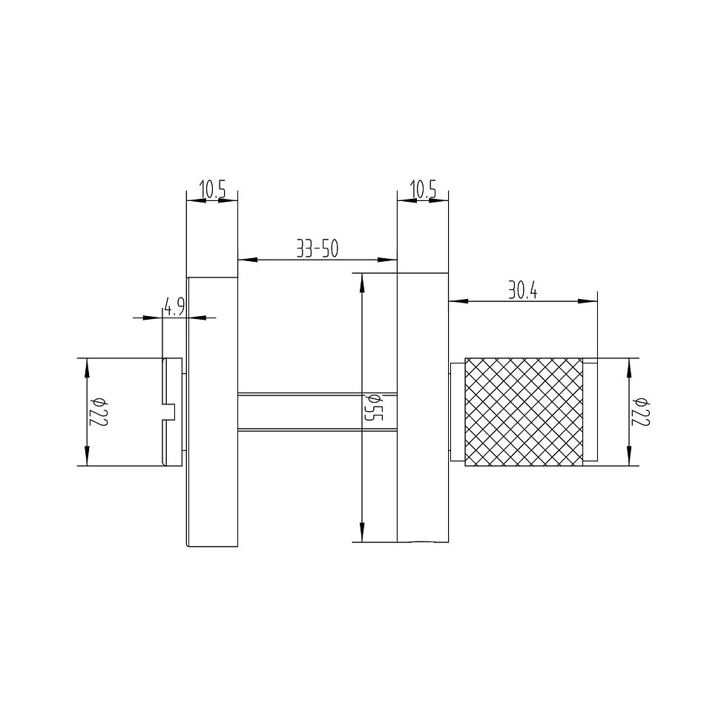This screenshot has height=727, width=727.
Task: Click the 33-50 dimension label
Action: [318, 249]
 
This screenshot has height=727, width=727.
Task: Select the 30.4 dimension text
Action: [522, 291]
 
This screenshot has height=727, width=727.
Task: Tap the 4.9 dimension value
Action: [174, 307]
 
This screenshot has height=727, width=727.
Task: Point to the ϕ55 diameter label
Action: [374, 407]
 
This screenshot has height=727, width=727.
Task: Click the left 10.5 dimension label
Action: [212, 190]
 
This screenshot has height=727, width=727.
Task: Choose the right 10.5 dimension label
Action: [423, 190]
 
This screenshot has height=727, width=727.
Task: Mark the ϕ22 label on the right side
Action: [642, 412]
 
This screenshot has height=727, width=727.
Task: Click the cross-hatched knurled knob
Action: [524, 412]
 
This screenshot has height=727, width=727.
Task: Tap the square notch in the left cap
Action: [169, 412]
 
